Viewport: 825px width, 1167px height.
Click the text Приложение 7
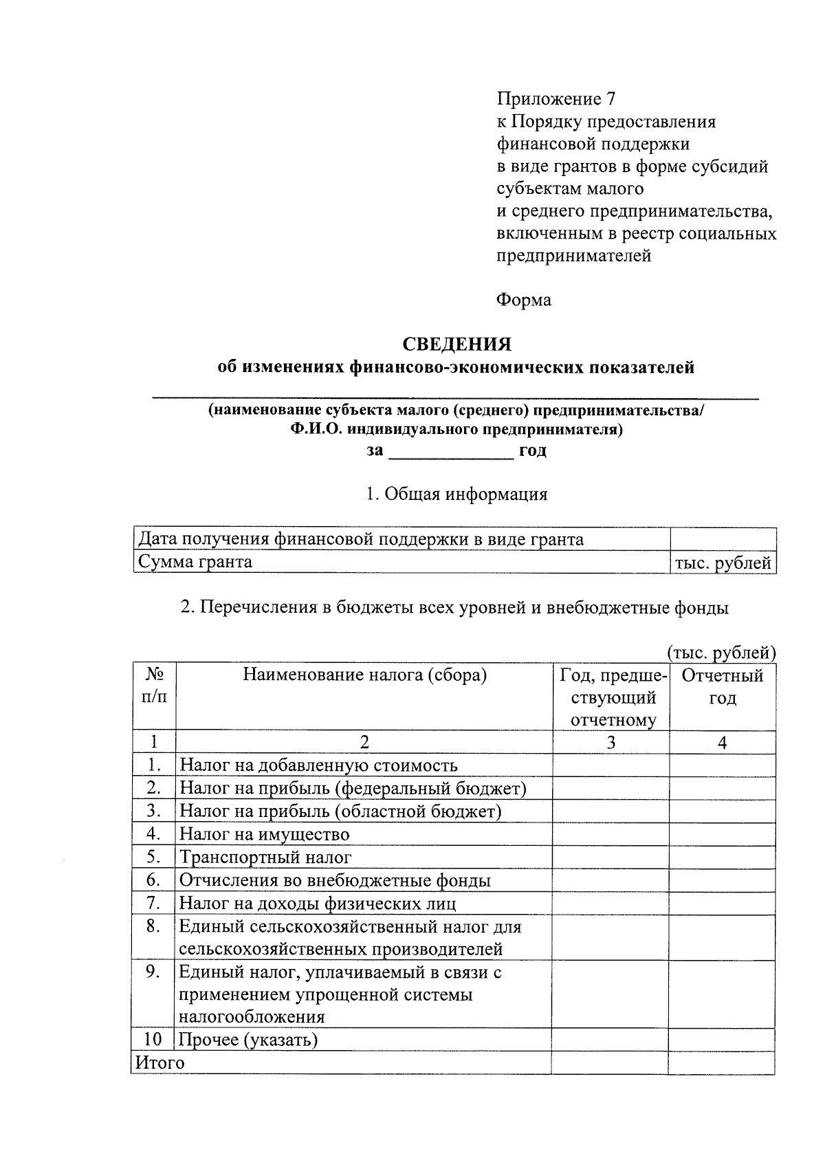tap(555, 99)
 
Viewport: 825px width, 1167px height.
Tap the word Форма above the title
tap(523, 300)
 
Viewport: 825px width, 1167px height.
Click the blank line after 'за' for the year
tap(451, 452)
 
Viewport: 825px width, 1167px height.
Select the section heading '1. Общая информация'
tap(456, 494)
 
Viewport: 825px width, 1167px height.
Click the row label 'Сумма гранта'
tap(195, 562)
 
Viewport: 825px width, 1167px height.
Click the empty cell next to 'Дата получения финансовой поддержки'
tap(723, 539)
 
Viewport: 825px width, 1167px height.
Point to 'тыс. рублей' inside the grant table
tap(723, 563)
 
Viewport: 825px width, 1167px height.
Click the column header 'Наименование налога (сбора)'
tap(364, 675)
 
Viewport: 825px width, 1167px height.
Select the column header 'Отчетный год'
tap(723, 686)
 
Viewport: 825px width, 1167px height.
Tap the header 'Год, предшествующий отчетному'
tap(611, 697)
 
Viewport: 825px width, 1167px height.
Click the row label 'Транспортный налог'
tap(265, 858)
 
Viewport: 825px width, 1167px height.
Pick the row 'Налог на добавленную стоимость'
tap(318, 765)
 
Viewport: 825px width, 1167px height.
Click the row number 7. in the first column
tap(153, 902)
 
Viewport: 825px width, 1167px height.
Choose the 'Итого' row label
tap(160, 1062)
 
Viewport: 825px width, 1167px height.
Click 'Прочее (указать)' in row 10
tap(248, 1039)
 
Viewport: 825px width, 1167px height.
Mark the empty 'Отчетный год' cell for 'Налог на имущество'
tap(723, 834)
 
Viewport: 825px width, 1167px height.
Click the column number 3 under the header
tap(611, 742)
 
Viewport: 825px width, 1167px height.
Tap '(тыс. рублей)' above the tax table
tap(721, 652)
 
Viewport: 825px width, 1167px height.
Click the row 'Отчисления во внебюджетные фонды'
tap(335, 880)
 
